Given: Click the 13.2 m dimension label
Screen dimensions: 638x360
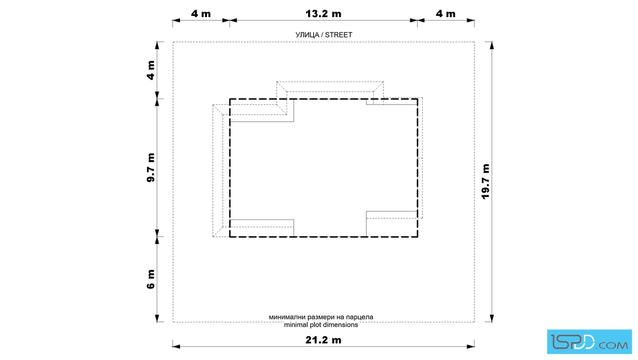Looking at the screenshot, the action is [x=323, y=14].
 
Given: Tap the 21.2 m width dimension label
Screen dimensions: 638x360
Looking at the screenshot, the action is [x=323, y=339].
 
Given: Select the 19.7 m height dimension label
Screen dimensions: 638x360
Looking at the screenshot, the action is [x=485, y=181].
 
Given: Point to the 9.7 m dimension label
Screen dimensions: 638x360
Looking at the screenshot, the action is [x=150, y=167].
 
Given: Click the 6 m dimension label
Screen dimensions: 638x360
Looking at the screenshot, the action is [x=150, y=279].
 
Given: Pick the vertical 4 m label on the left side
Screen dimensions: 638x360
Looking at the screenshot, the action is [x=150, y=71].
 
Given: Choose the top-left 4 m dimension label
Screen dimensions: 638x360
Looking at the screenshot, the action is [x=201, y=14].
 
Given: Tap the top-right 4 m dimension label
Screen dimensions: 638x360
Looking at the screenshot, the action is [x=445, y=14].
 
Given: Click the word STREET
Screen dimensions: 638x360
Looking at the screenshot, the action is [x=338, y=35].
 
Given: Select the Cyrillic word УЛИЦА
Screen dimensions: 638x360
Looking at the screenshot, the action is [x=307, y=35].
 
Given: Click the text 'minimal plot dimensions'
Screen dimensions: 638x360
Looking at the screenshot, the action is [x=321, y=325].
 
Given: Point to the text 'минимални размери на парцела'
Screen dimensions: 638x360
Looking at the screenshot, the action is [x=321, y=317].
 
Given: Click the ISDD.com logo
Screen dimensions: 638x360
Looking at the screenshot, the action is [x=589, y=342].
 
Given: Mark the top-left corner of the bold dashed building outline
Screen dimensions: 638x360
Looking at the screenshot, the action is [x=230, y=99].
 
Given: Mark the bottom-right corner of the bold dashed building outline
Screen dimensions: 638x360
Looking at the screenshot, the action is [x=418, y=237].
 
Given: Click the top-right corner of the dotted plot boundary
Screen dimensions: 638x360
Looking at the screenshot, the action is [x=475, y=42].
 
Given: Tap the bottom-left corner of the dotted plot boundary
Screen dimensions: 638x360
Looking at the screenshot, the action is [x=173, y=322].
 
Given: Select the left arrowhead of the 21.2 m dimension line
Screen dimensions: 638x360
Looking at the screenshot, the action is [x=176, y=346].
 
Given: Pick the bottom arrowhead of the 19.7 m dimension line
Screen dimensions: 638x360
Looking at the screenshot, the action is [x=492, y=318].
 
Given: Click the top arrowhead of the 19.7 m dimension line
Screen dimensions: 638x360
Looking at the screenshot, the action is [x=492, y=46].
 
